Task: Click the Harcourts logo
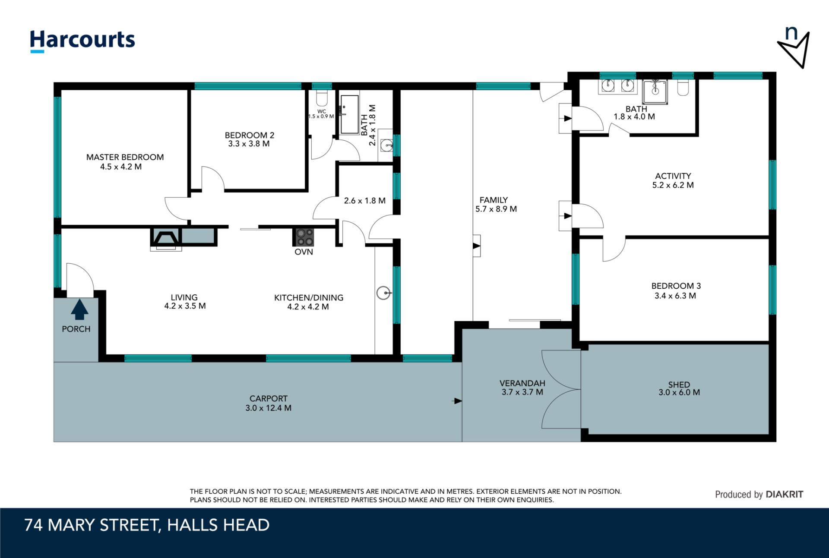click(x=82, y=41)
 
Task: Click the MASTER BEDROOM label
click(x=125, y=157)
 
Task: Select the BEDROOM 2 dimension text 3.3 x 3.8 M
click(x=249, y=144)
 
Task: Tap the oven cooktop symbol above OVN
click(x=304, y=237)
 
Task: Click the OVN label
click(x=304, y=252)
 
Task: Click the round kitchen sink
click(x=383, y=293)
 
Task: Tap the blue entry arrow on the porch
click(x=79, y=310)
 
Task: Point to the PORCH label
click(x=76, y=329)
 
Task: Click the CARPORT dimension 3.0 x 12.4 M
click(x=268, y=408)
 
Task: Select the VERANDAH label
click(x=522, y=383)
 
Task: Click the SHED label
click(x=679, y=385)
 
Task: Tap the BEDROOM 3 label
click(x=676, y=286)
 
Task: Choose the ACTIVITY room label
click(x=673, y=176)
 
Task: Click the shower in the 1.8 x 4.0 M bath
click(x=655, y=91)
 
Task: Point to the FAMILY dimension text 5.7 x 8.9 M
click(x=496, y=209)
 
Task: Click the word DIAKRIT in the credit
click(x=784, y=495)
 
